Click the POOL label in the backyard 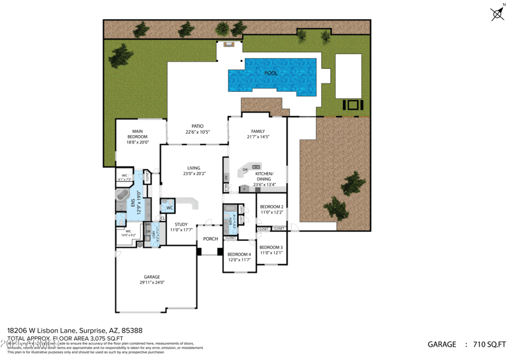pyautogui.click(x=271, y=73)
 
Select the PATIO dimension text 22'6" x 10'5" pyautogui.click(x=198, y=133)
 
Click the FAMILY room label pyautogui.click(x=258, y=131)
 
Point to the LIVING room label pyautogui.click(x=193, y=168)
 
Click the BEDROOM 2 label pyautogui.click(x=271, y=207)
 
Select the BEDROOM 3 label pyautogui.click(x=271, y=247)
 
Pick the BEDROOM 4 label pyautogui.click(x=239, y=254)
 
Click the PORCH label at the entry pyautogui.click(x=210, y=239)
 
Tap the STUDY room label pyautogui.click(x=181, y=224)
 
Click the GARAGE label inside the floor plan pyautogui.click(x=152, y=277)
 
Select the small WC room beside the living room pyautogui.click(x=169, y=208)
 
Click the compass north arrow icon pyautogui.click(x=497, y=13)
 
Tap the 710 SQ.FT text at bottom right pyautogui.click(x=490, y=344)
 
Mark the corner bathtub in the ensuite pyautogui.click(x=122, y=197)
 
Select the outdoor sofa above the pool pyautogui.click(x=229, y=45)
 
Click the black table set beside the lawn pyautogui.click(x=353, y=104)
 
